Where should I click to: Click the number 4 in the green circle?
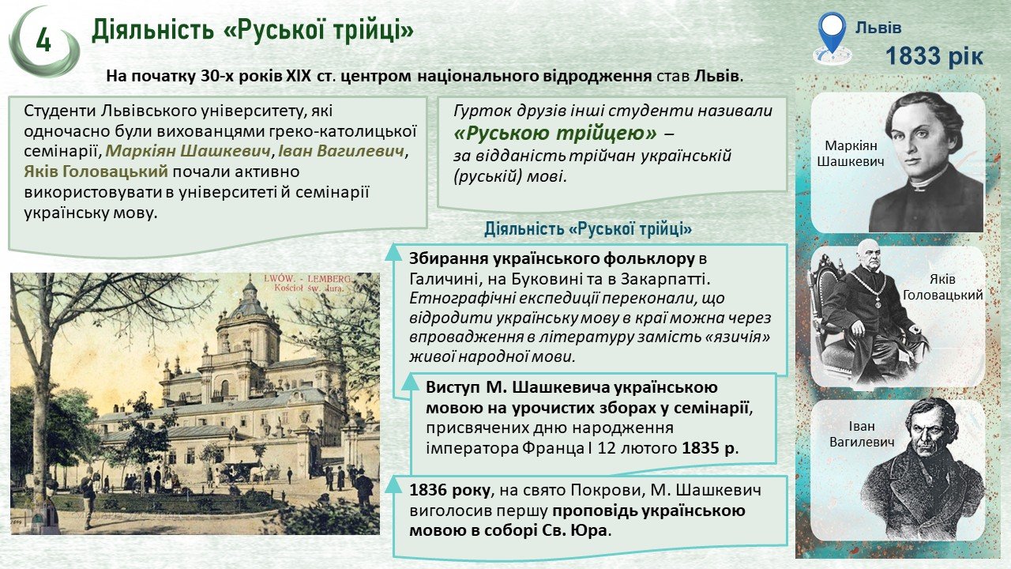pos(43,41)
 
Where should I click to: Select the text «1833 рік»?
pos(934,56)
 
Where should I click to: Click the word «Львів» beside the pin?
pos(878,28)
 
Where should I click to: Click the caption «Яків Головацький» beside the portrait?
pos(942,287)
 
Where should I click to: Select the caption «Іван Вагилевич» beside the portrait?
pos(862,434)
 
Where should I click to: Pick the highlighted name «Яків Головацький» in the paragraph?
pos(96,172)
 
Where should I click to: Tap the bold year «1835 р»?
pos(708,448)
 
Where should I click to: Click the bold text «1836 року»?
pos(449,491)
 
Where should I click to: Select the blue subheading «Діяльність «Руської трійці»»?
pos(588,229)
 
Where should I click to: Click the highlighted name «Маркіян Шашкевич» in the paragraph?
pos(188,151)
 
